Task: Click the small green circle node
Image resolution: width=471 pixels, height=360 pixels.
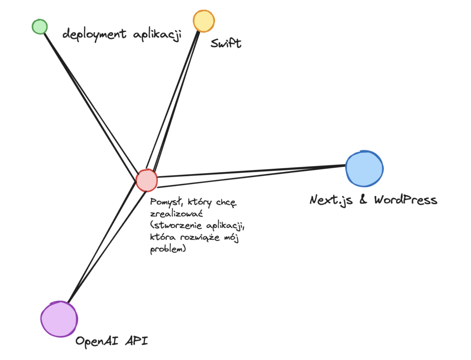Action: point(40,27)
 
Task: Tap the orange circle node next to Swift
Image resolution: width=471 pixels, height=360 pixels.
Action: point(203,21)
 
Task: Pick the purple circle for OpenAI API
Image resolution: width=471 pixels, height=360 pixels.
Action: point(58,319)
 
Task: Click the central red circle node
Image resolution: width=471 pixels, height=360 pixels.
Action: point(147,180)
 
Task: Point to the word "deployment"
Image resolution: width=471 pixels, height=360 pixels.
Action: point(94,35)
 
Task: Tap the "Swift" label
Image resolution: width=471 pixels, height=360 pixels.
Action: point(226,44)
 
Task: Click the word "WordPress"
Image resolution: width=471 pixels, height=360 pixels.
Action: point(405,200)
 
